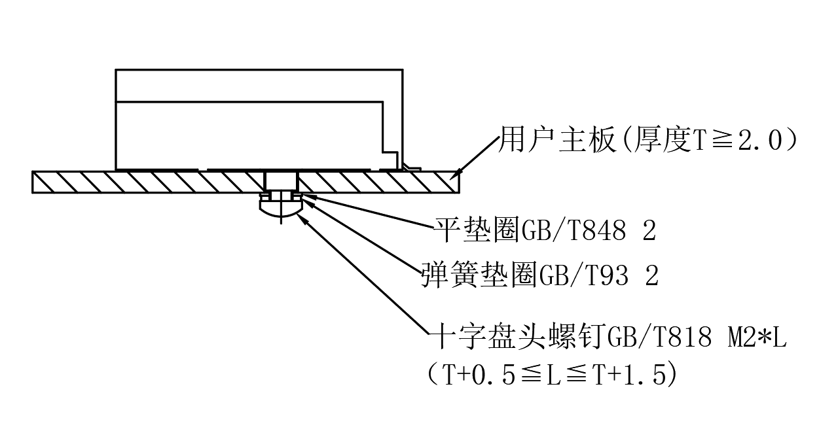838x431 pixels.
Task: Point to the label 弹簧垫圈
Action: pos(479,276)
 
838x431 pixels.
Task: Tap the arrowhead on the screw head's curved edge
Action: pos(302,217)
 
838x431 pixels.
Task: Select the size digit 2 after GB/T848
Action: pos(649,230)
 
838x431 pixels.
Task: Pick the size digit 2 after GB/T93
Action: pos(651,276)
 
